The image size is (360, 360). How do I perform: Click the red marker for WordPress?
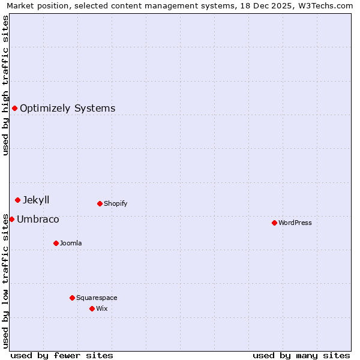pos(274,223)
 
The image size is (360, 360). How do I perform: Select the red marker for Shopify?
pos(100,203)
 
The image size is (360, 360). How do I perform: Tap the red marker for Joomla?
pos(56,243)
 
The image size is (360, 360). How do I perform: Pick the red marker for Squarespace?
pos(72,298)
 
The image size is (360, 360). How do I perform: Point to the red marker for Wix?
pos(92,308)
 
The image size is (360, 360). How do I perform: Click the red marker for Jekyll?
pos(17,200)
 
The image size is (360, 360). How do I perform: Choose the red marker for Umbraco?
pos(11,219)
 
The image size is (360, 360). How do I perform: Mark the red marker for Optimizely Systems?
pos(14,108)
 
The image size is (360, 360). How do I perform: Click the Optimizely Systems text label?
pos(67,109)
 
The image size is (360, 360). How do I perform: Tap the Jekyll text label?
pos(36,200)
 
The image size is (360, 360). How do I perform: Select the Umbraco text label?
pos(38,220)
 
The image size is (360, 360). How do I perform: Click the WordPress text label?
pos(295,223)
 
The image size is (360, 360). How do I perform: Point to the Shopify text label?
pos(115,203)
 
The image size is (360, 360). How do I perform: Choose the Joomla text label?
pos(71,243)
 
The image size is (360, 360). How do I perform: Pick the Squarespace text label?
pos(97,298)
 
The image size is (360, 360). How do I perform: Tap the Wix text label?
pos(101,308)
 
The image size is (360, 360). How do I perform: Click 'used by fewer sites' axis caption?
pos(62,355)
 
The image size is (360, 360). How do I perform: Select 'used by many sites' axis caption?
pos(301,355)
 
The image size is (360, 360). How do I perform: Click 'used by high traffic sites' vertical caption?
pos(5,85)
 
